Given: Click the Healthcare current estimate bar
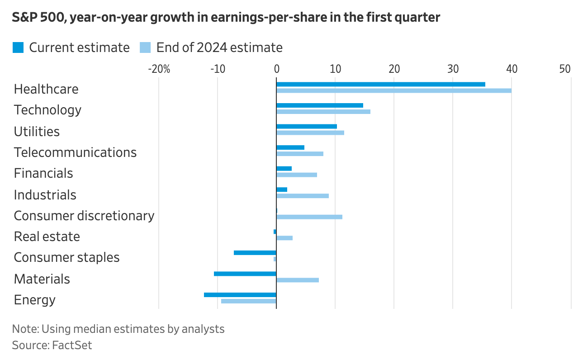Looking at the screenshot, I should (380, 84).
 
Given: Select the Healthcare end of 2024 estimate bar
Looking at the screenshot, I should (393, 90).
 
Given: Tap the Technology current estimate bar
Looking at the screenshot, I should (319, 105).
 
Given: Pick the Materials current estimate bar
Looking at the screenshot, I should (245, 274).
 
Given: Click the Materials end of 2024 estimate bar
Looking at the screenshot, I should (297, 280).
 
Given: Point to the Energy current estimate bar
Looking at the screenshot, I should (240, 295).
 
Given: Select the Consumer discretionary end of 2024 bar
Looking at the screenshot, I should (309, 217).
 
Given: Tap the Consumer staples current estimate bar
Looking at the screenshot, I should (255, 252).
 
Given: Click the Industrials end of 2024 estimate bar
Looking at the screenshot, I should (302, 196).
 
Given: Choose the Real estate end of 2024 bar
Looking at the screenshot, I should (284, 238).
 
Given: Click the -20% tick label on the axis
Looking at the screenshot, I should (159, 69).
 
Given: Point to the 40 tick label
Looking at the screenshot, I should (512, 69).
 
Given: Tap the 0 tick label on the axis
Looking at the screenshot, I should (276, 69).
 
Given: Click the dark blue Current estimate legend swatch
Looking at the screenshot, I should (18, 47).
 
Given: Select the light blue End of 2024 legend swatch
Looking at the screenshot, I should (145, 47).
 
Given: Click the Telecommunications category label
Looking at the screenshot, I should (75, 152).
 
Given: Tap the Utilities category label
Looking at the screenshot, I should (37, 132).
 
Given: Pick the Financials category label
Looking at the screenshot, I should (43, 173).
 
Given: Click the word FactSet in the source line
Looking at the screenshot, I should (72, 346).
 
